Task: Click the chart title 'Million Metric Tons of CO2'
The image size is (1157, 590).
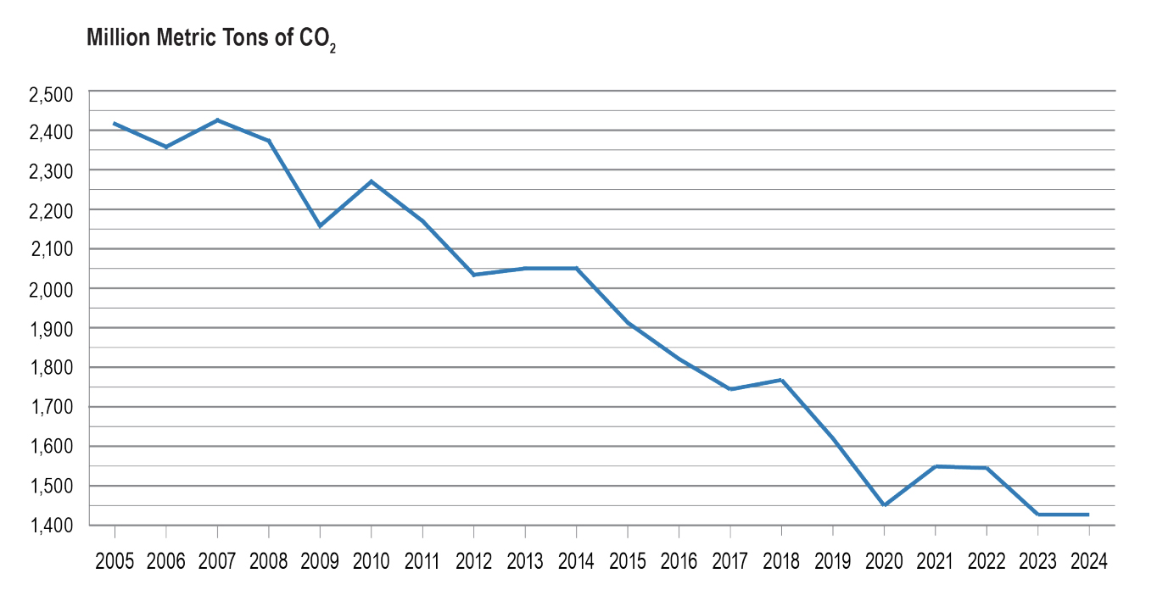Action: (211, 40)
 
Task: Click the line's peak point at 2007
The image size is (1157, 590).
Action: (218, 120)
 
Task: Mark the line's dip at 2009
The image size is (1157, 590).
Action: (320, 226)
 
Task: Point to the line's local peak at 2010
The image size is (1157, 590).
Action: (372, 181)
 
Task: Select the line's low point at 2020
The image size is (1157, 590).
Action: (884, 505)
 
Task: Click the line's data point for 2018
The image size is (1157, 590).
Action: (781, 380)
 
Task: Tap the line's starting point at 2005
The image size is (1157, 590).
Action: (115, 124)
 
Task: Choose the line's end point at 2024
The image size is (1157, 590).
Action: (1088, 515)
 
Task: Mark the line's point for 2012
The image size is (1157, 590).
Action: (473, 275)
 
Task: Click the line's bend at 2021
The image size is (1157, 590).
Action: (935, 466)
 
